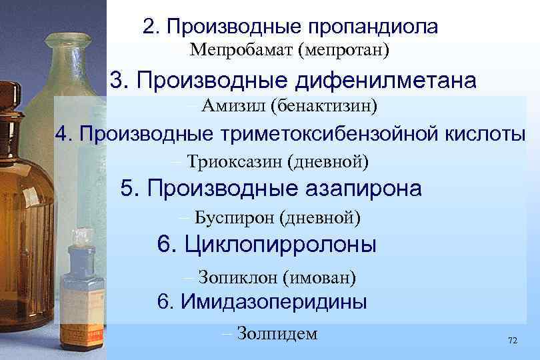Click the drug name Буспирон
pos(235,217)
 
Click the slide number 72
pos(512,340)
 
